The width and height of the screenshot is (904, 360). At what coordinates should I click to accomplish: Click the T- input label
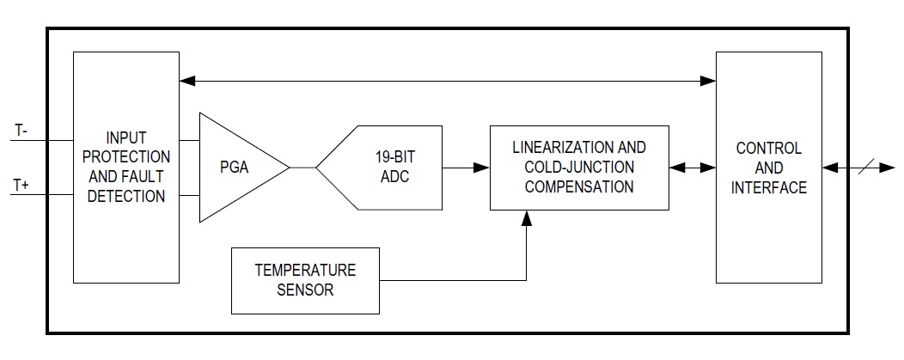[x=21, y=131]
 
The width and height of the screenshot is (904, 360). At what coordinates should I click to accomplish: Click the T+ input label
[x=21, y=186]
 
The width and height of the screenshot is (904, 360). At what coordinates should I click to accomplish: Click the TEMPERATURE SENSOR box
[x=305, y=280]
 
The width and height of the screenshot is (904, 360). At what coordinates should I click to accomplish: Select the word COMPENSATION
[x=579, y=186]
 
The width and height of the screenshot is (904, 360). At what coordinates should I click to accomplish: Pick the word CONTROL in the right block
[x=768, y=148]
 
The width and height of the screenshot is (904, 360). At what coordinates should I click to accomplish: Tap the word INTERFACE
[x=768, y=188]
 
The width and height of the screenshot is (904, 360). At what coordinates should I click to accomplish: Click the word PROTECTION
[x=126, y=156]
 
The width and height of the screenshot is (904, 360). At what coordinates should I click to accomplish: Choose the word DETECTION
[x=126, y=196]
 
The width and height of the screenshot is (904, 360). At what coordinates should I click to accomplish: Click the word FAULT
[x=146, y=176]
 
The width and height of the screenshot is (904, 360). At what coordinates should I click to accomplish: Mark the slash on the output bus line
[x=866, y=167]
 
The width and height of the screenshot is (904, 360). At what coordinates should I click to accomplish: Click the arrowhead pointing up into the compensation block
[x=526, y=217]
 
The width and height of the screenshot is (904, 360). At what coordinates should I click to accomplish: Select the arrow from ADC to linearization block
[x=466, y=168]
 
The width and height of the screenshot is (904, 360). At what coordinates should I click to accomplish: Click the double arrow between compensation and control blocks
[x=693, y=168]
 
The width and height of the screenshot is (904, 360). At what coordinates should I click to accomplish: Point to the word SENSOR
[x=305, y=290]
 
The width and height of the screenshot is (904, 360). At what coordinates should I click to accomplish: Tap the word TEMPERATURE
[x=305, y=270]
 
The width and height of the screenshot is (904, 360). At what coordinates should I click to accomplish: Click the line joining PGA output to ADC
[x=302, y=168]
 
